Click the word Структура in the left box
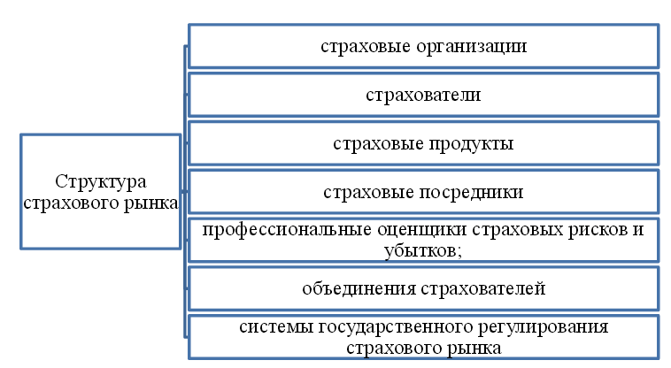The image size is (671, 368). point(101,182)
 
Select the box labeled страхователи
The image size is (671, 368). point(424,95)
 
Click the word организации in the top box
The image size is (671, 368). point(471,47)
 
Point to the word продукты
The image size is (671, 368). point(471,144)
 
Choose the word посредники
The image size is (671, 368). point(471,193)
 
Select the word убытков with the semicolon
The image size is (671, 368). point(423,251)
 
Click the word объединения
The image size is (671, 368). point(359,289)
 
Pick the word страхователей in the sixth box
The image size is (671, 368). point(483,289)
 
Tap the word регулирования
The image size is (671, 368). point(543,328)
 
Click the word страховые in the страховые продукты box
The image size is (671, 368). point(378,143)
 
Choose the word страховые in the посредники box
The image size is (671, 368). point(368,192)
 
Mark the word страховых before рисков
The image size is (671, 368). point(517,230)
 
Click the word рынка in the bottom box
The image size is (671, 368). point(474,349)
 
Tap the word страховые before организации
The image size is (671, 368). point(366,46)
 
